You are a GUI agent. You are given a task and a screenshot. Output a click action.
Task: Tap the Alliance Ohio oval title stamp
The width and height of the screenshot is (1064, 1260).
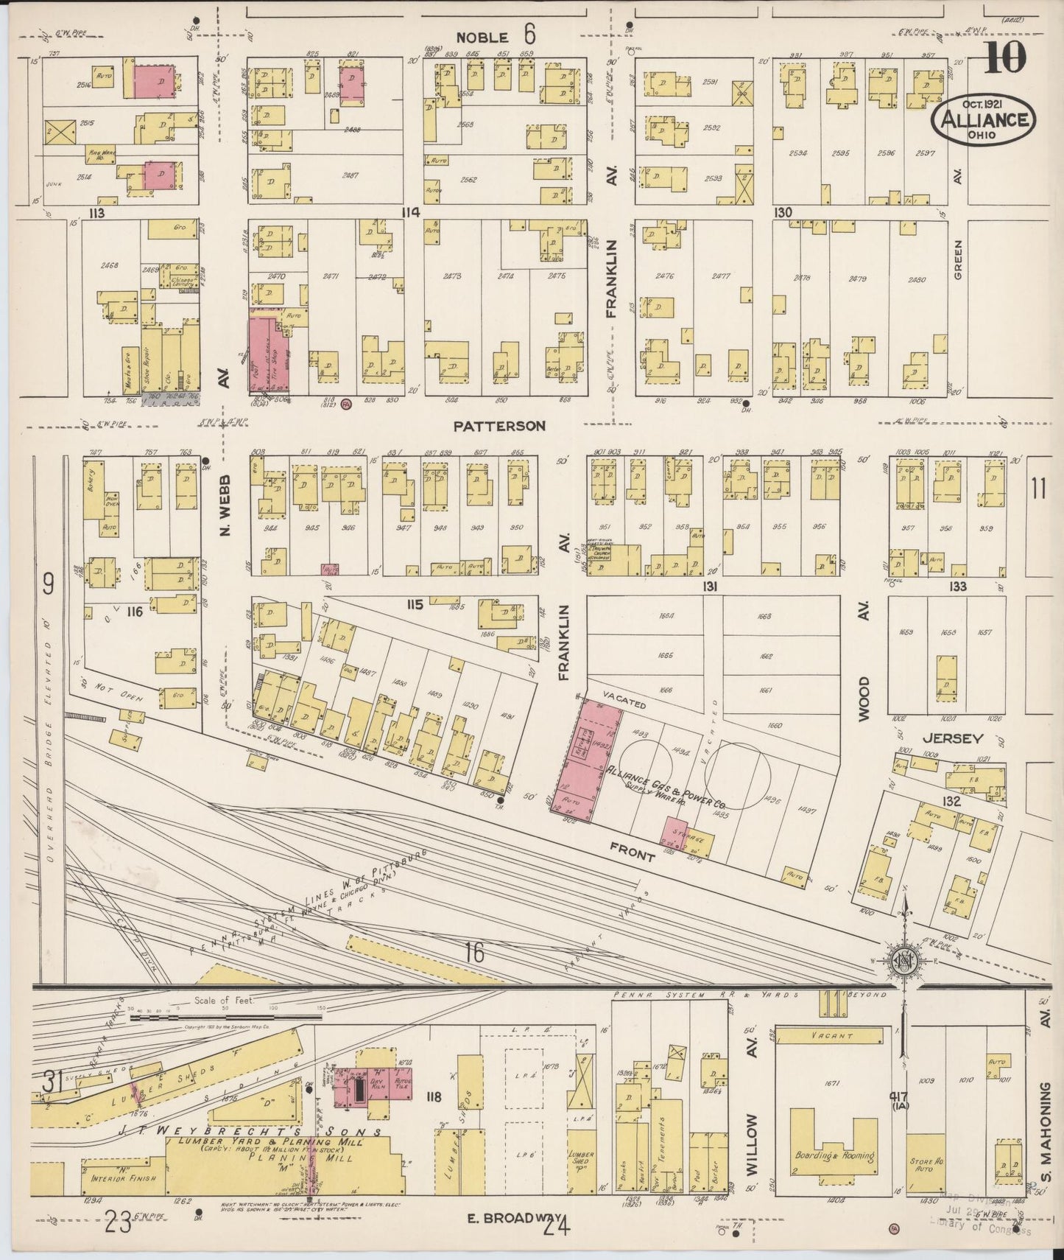coord(983,119)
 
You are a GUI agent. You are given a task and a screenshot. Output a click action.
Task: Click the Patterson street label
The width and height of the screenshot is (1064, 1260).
coord(499,426)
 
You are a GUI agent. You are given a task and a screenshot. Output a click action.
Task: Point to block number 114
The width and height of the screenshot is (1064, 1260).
coord(410,213)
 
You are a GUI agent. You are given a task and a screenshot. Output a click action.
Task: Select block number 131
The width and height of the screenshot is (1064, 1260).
coord(709,587)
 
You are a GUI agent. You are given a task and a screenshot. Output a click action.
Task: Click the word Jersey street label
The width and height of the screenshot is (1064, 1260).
coord(953,738)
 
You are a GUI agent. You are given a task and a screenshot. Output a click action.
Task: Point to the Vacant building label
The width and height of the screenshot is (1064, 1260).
coord(831,1036)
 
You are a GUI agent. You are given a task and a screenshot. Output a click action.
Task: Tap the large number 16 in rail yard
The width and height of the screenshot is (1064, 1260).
coord(474,953)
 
